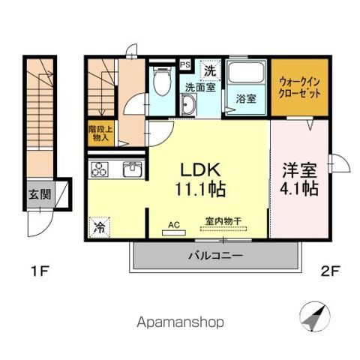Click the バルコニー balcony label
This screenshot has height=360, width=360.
(x=214, y=256)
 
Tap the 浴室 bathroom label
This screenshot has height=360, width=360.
(x=245, y=98)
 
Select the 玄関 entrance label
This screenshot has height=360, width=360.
(x=40, y=194)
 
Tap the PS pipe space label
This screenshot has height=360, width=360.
(x=184, y=65)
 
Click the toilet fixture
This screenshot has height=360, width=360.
(x=160, y=82)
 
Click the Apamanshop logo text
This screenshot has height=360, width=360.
(x=181, y=323)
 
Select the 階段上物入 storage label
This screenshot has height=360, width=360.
(x=100, y=133)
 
